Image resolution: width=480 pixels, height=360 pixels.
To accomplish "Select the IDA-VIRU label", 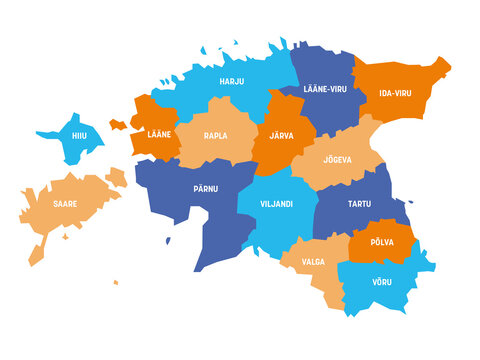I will (x=394, y=93).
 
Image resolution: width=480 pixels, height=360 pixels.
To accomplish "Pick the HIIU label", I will (x=78, y=137).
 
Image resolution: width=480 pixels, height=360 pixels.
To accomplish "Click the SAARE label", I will (x=67, y=203).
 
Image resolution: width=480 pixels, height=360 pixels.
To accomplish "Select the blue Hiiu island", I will (x=70, y=148).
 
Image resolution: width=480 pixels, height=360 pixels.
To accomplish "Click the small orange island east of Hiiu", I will (x=118, y=125).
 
